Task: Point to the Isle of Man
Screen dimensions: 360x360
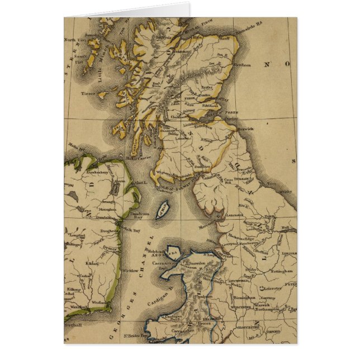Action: click(x=162, y=209)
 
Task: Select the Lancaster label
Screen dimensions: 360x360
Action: click(x=233, y=214)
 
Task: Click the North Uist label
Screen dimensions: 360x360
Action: click(x=73, y=40)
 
